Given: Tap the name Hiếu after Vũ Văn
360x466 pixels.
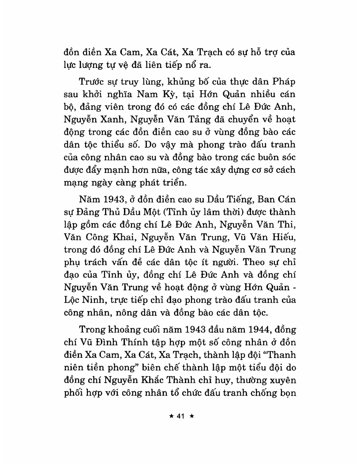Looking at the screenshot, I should click(x=286, y=229).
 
